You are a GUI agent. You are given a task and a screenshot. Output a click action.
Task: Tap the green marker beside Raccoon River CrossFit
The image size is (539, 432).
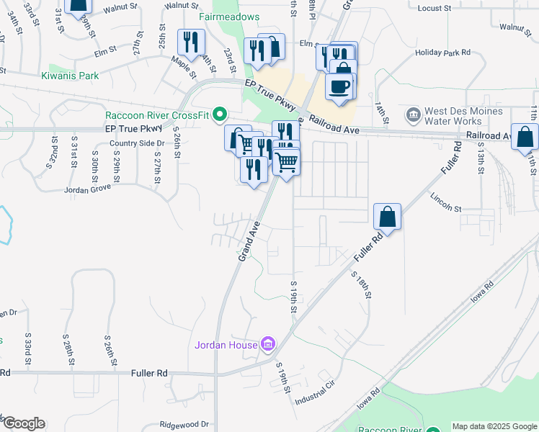coord(222,114)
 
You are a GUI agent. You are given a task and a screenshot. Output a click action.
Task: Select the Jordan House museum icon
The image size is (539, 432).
coord(268,345)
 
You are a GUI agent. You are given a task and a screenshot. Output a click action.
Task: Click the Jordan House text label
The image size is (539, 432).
coord(226,345)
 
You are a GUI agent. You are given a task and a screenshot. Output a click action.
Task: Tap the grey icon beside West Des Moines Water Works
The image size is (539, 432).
coord(413,114)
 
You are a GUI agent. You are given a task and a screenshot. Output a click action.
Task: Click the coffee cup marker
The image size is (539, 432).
coord(338,86)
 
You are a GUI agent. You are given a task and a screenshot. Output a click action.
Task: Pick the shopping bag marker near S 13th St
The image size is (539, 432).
coord(525,135)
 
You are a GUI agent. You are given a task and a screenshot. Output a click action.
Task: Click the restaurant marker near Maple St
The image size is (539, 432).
coord(190,41)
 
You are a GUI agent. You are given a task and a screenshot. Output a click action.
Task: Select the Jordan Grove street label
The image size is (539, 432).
coord(86,190)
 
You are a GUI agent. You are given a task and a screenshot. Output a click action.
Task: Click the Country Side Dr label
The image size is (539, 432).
coord(137,143)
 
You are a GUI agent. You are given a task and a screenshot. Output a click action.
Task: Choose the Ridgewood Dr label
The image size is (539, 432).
coord(184,425)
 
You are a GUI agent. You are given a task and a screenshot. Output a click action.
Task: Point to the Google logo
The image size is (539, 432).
coord(24,423)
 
